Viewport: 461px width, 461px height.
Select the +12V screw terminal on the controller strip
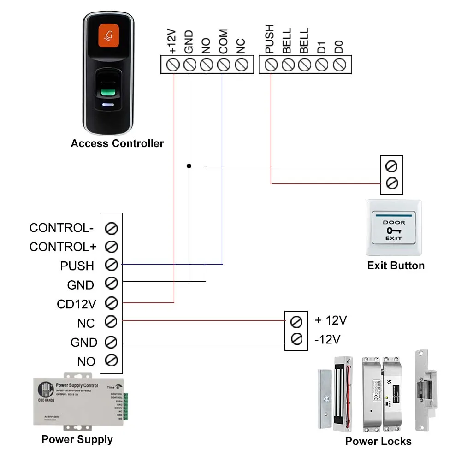pos(173,65)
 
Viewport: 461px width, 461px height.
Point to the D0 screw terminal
pos(339,65)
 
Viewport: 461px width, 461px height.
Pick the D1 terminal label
pos(321,46)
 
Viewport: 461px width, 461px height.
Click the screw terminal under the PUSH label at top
pos(271,65)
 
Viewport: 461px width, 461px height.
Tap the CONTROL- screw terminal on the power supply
pos(111,228)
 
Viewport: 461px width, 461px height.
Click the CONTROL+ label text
pos(63,247)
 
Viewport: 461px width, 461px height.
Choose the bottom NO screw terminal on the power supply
pos(111,361)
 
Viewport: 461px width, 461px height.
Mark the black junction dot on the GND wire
pos(189,165)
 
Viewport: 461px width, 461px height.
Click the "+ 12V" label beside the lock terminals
pos(331,320)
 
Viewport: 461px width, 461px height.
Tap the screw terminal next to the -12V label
pos(296,340)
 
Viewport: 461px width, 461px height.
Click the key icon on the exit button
pos(393,230)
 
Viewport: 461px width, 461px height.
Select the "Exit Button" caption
pos(396,266)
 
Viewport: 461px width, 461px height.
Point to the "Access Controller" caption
pos(117,143)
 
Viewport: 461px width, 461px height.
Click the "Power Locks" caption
pos(378,441)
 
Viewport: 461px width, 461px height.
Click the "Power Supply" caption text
pos(77,439)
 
